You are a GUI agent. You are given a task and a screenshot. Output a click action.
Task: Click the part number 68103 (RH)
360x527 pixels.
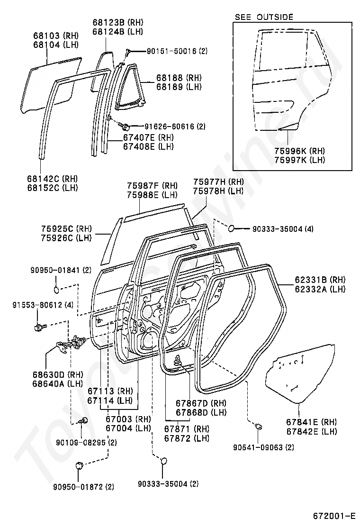pyautogui.click(x=55, y=36)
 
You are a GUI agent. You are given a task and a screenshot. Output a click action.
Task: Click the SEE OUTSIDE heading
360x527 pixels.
pyautogui.click(x=264, y=17)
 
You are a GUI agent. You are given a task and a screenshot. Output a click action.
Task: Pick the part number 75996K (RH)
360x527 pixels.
pyautogui.click(x=299, y=151)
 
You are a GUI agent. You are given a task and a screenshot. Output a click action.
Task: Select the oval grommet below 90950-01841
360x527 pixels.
pyautogui.click(x=56, y=289)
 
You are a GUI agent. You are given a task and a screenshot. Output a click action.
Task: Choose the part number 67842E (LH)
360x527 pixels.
pyautogui.click(x=311, y=431)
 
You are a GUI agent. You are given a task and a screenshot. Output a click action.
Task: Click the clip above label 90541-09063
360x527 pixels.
pyautogui.click(x=259, y=427)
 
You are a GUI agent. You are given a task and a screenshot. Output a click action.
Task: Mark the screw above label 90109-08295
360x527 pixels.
pyautogui.click(x=84, y=420)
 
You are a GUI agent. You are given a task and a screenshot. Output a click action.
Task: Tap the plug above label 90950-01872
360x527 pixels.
pyautogui.click(x=80, y=465)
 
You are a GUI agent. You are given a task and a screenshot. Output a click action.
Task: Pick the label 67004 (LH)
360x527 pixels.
pyautogui.click(x=128, y=428)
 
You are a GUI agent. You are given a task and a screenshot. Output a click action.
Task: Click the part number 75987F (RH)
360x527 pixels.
pyautogui.click(x=152, y=186)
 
